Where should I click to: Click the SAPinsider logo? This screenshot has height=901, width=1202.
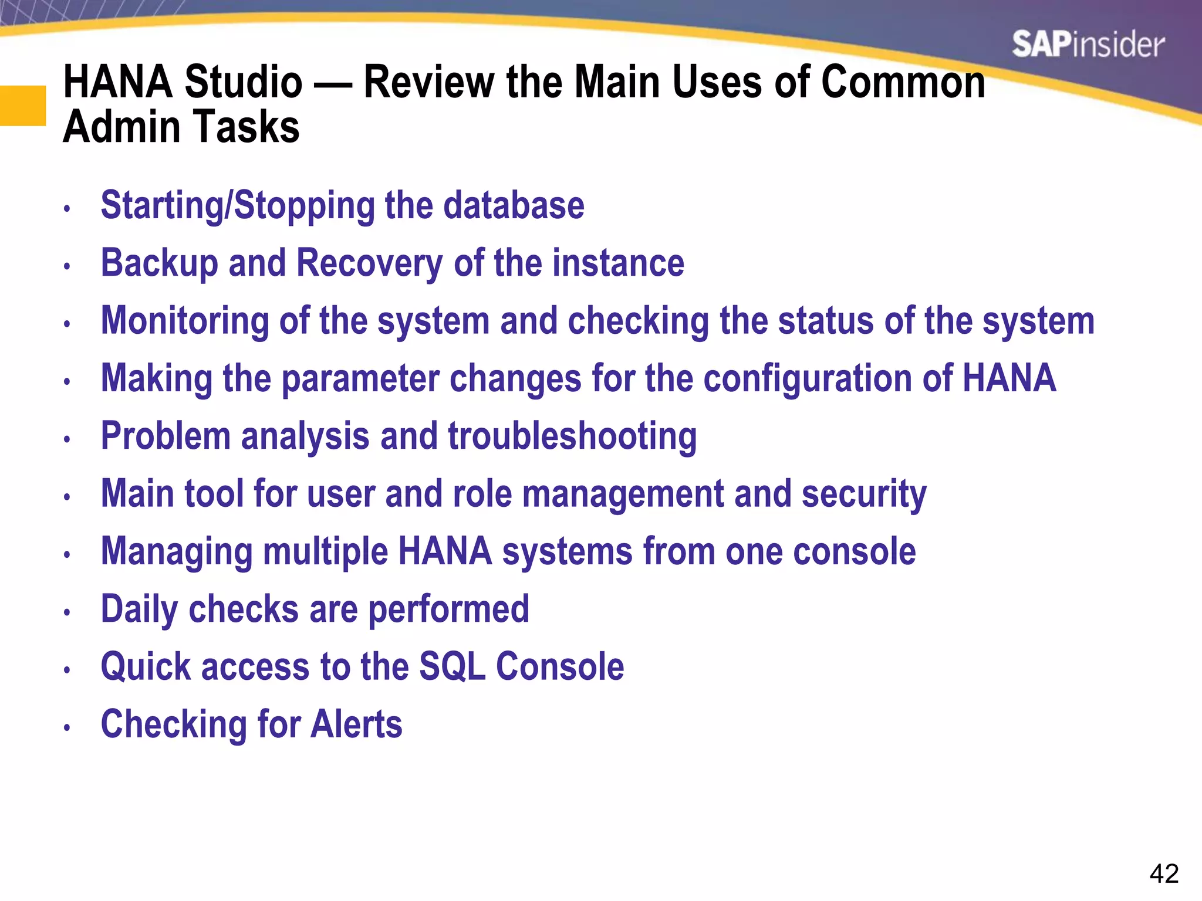pos(1088,45)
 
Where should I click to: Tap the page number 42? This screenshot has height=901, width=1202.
pos(1164,874)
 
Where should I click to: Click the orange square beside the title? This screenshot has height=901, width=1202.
pos(22,106)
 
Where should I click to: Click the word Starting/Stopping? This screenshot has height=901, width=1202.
pos(238,206)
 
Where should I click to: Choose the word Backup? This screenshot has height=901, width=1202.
pos(160,263)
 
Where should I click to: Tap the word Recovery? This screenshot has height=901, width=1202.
pos(369,263)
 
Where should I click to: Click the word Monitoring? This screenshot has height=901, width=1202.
pos(185,321)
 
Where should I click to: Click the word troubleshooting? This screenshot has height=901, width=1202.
pos(572,437)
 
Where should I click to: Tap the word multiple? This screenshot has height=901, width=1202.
pos(325,552)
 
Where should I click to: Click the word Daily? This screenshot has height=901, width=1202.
pos(139,609)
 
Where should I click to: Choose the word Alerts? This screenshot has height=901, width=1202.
pos(356,724)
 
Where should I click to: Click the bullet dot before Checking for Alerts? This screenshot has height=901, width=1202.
pos(67,727)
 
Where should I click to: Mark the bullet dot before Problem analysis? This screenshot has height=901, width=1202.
pos(67,439)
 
